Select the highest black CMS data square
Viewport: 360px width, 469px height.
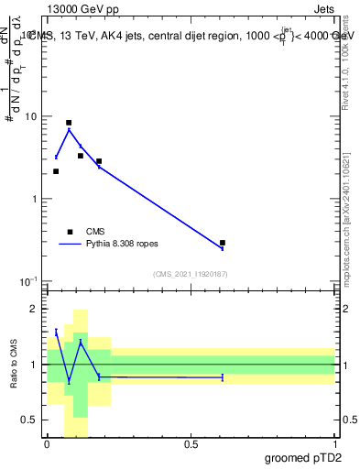coord(69,123)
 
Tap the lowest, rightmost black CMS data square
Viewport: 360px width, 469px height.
coord(223,243)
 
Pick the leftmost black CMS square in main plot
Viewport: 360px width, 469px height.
coord(56,171)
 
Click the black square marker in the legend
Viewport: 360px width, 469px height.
coord(70,232)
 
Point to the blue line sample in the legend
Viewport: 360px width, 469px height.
coord(70,245)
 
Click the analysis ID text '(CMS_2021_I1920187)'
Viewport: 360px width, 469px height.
coord(191,274)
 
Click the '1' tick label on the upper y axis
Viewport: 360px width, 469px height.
coord(35,199)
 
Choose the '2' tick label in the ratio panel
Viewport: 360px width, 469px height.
coord(35,310)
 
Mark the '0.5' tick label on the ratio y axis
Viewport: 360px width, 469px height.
coord(29,420)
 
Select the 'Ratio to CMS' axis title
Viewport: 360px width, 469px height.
coord(13,365)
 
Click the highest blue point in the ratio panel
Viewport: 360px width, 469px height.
coord(56,332)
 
